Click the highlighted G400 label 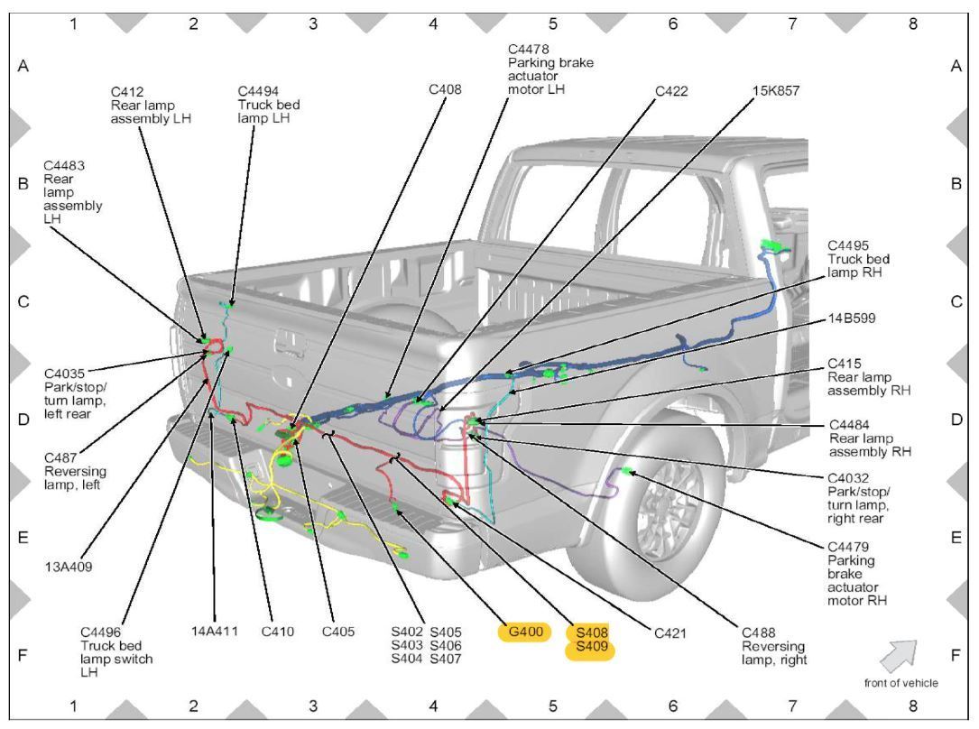click(524, 632)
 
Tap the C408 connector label click(446, 90)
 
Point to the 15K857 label click(774, 90)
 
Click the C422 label click(672, 90)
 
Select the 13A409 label click(68, 567)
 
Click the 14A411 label click(215, 631)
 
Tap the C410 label click(278, 631)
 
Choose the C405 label click(338, 631)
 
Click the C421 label click(672, 632)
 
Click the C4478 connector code click(528, 49)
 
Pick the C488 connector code click(760, 632)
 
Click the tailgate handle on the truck click(291, 341)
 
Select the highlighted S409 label click(589, 649)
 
